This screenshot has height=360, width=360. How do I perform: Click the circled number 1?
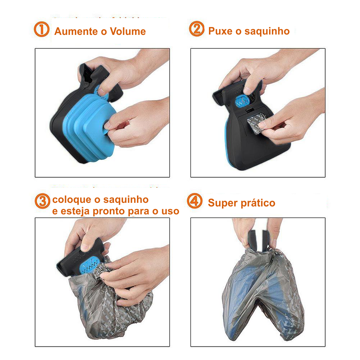(42, 29)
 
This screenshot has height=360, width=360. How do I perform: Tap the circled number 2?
(196, 29)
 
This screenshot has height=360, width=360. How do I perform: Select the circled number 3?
(42, 201)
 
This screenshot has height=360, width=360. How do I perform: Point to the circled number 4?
(195, 201)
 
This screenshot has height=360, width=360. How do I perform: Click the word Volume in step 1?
(128, 31)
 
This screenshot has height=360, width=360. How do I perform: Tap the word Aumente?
(76, 31)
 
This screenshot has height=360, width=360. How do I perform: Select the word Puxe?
(220, 31)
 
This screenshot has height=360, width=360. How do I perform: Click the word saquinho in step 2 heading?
(267, 31)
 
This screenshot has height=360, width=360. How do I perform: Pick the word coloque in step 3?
(72, 200)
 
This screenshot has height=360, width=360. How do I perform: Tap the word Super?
(223, 203)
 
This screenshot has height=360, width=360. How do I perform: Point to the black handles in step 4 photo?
(258, 240)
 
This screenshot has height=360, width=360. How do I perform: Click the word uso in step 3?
(170, 211)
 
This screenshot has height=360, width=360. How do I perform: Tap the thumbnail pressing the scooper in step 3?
(85, 247)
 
